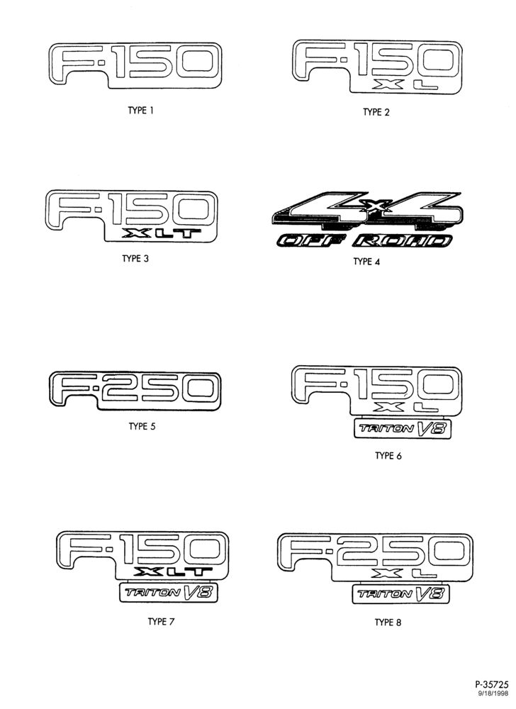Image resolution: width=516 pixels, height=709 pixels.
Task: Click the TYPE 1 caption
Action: click(x=141, y=111)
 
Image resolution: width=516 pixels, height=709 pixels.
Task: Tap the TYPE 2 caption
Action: click(x=376, y=112)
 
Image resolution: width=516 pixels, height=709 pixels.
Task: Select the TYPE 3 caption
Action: click(x=135, y=259)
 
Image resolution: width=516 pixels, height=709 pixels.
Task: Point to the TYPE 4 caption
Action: click(x=366, y=262)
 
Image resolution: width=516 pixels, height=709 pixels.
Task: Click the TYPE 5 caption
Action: click(x=142, y=426)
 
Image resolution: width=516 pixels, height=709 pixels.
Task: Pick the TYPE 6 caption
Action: click(x=388, y=456)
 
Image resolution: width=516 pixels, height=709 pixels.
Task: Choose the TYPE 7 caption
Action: click(x=161, y=622)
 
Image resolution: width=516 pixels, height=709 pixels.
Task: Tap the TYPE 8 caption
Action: click(x=388, y=623)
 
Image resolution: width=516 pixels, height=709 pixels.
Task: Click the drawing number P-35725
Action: click(x=492, y=685)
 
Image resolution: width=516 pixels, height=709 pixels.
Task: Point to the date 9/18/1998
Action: click(x=493, y=693)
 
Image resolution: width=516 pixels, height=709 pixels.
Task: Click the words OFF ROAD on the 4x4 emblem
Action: click(x=364, y=240)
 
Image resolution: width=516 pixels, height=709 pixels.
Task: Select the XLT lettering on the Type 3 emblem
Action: click(x=163, y=233)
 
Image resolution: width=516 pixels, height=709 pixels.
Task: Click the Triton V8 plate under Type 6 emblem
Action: click(x=402, y=429)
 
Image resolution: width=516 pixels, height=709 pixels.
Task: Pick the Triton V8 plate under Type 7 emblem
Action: click(x=169, y=592)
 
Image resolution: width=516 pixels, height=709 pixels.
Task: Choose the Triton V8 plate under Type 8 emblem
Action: click(x=400, y=593)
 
